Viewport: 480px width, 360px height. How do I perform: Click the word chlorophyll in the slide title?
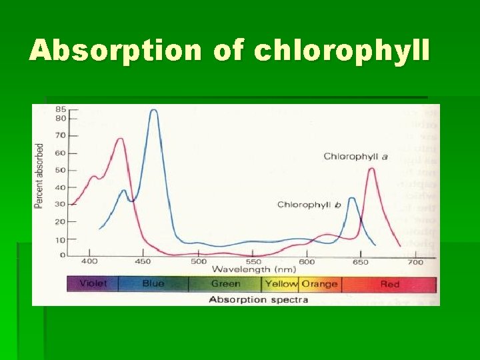click(x=343, y=51)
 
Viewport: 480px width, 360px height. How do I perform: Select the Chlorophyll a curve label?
click(x=355, y=156)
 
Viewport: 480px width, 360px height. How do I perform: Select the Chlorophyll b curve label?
click(x=309, y=205)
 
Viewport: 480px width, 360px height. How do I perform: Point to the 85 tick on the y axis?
click(x=61, y=109)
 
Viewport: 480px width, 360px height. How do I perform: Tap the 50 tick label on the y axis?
click(x=61, y=170)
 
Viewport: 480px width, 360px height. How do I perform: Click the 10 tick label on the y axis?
click(x=61, y=239)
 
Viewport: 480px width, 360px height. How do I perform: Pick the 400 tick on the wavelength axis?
click(x=90, y=262)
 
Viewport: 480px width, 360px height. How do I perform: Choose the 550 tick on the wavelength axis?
click(x=252, y=262)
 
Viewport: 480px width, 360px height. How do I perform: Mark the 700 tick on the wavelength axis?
click(x=415, y=262)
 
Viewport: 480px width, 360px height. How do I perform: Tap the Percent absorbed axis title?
click(x=39, y=176)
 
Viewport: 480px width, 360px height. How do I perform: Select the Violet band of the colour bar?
click(x=93, y=284)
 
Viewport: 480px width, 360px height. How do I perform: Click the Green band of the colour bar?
click(x=225, y=284)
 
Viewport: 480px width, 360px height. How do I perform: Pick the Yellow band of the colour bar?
click(x=281, y=284)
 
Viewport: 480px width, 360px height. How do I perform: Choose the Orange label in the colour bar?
click(x=319, y=284)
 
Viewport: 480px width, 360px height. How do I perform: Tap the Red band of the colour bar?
click(x=390, y=284)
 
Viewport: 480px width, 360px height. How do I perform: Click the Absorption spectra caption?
click(x=259, y=299)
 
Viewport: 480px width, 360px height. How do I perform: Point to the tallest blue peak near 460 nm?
click(x=154, y=111)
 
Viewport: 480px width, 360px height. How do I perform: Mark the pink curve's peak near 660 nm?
click(x=371, y=169)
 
